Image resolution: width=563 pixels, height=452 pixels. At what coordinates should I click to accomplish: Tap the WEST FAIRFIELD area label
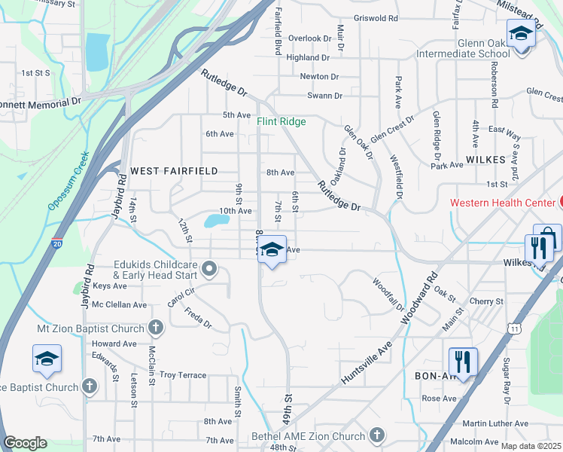174,171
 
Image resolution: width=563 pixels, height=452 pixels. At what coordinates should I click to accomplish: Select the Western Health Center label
502,202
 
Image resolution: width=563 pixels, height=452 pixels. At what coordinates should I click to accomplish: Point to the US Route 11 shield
514,328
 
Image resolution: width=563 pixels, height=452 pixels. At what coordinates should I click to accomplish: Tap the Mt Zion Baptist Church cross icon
156,328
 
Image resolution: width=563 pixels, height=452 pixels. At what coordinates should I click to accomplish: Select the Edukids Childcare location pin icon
211,268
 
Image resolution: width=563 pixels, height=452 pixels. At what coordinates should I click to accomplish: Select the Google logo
25,443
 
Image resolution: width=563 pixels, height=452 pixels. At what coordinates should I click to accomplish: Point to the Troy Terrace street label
182,374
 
